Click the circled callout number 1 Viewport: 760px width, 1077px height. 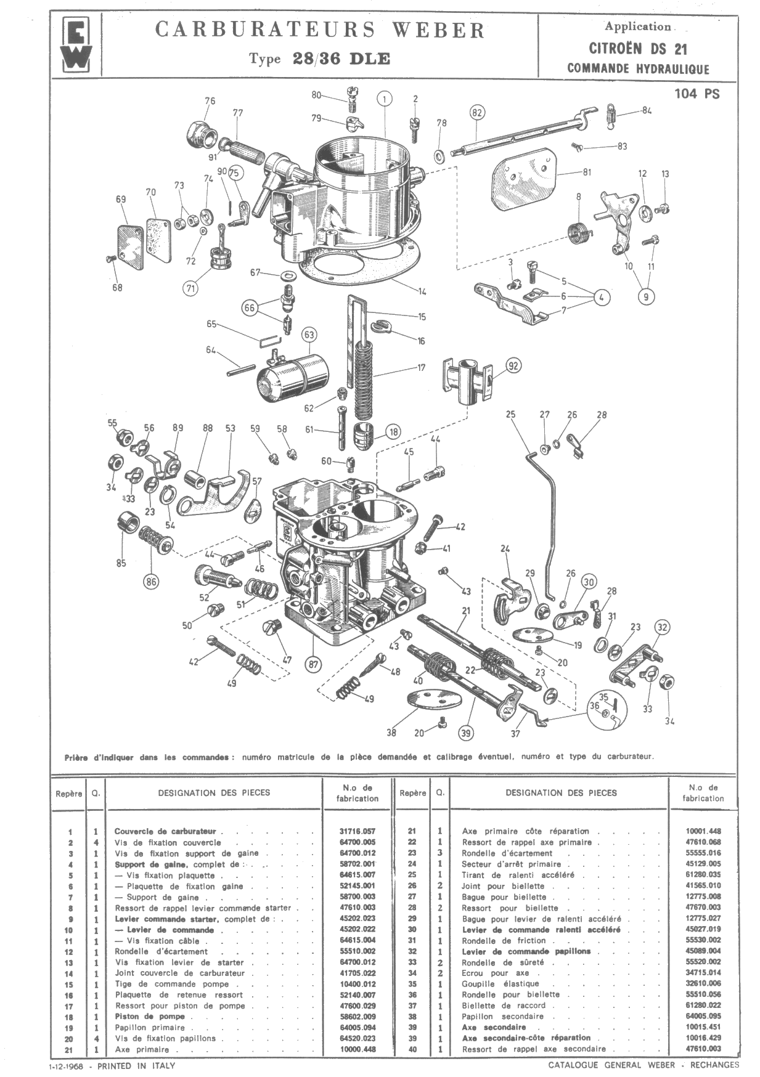coord(384,99)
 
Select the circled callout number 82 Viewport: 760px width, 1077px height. coord(476,113)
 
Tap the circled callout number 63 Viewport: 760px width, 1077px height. coord(309,335)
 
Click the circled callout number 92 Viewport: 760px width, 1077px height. coord(513,366)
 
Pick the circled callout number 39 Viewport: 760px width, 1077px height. coord(467,733)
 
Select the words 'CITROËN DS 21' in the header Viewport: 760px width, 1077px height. coord(638,49)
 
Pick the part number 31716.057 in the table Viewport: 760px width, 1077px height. coord(357,831)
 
